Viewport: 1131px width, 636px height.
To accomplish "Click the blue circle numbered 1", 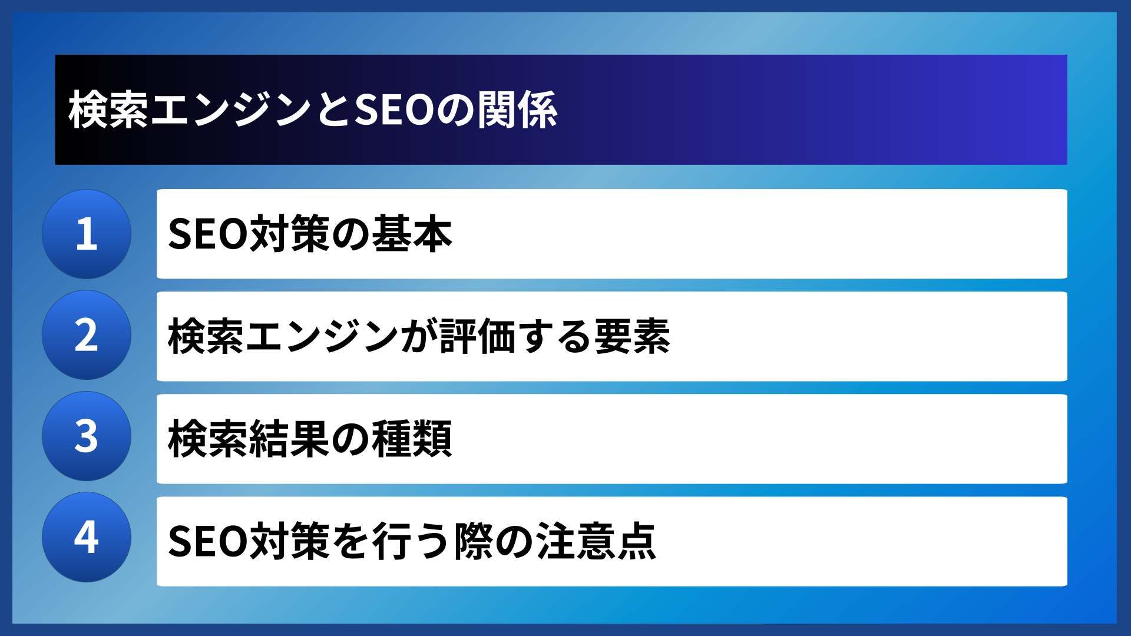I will coord(87,234).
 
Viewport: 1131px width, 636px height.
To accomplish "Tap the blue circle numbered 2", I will coord(87,335).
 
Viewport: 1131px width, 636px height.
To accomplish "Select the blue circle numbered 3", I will coord(87,436).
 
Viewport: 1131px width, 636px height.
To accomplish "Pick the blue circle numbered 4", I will coord(87,537).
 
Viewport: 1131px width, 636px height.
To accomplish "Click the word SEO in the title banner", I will coord(394,110).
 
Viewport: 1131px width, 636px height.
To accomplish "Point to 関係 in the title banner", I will coord(518,110).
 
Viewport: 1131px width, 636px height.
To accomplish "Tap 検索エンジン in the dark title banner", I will coord(190,110).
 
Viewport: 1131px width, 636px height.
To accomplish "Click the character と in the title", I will coord(333,110).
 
